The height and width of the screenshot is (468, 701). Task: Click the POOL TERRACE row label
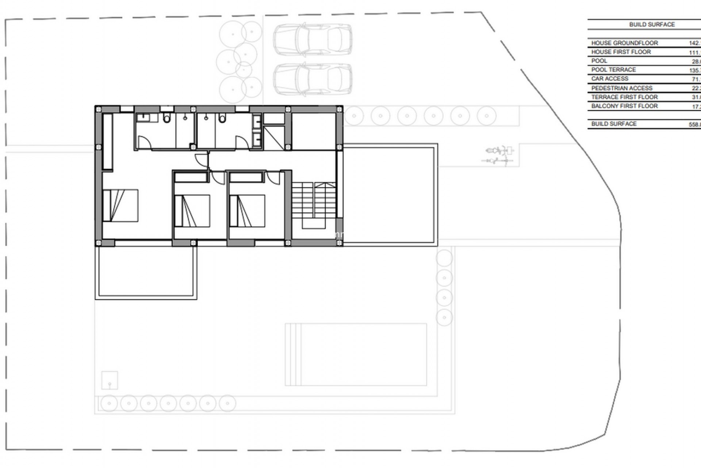(613, 69)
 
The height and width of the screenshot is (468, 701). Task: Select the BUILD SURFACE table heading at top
(652, 24)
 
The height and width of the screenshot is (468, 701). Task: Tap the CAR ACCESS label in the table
(610, 79)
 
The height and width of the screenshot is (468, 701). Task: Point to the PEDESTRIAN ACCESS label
(621, 88)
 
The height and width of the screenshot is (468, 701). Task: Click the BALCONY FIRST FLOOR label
(624, 106)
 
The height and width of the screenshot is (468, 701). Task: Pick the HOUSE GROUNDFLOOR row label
(624, 43)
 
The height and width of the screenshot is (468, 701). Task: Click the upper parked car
(313, 39)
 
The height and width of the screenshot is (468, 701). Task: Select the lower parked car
(313, 79)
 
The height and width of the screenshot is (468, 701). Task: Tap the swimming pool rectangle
(356, 354)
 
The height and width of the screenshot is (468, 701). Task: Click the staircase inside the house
(314, 201)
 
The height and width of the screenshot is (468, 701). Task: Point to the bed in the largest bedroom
(120, 205)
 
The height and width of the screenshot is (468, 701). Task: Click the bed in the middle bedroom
(192, 211)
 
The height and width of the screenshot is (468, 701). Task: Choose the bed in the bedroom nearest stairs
(247, 211)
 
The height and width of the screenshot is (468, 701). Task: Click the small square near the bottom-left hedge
(110, 380)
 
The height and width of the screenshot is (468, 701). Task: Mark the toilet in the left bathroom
(167, 118)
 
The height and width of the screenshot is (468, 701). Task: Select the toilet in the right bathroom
(222, 118)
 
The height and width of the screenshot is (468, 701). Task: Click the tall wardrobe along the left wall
(107, 141)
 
